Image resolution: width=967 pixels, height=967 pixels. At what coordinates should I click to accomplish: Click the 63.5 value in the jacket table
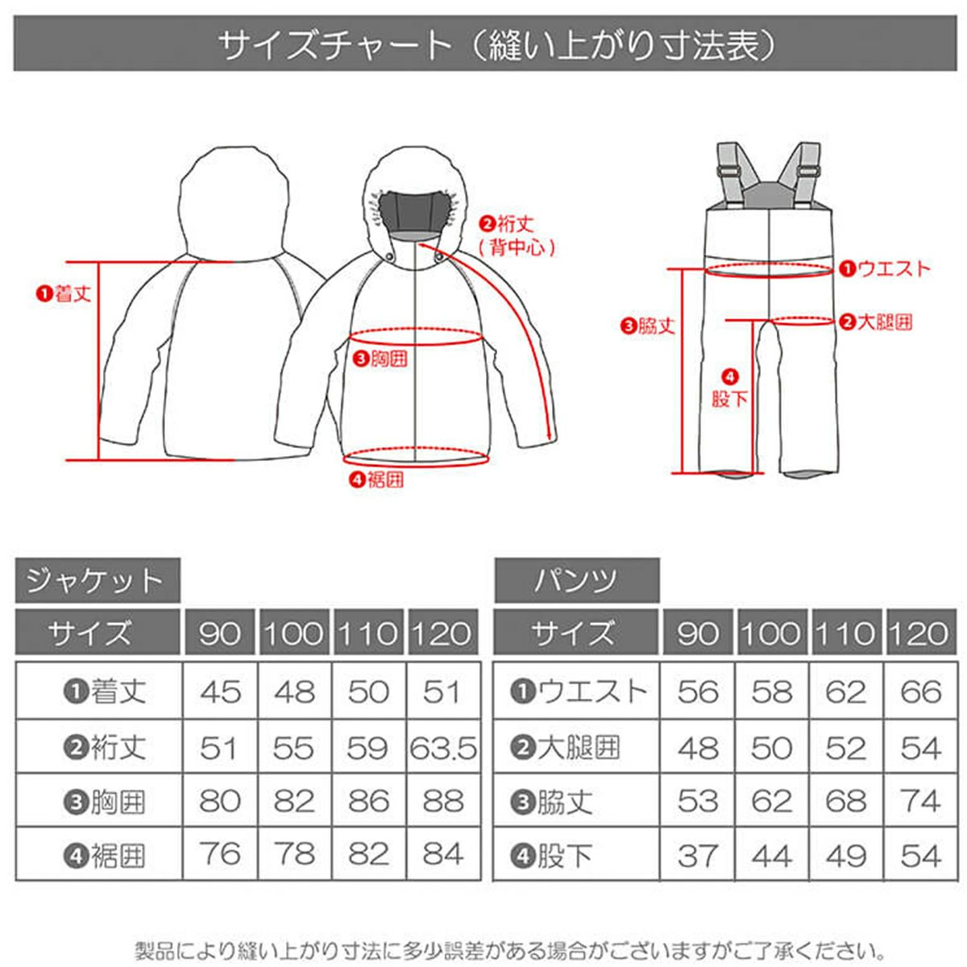pos(443,749)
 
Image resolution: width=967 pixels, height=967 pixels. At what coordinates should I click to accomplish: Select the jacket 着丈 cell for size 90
pos(220,692)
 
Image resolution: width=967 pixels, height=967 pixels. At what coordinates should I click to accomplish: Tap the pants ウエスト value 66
pos(920,692)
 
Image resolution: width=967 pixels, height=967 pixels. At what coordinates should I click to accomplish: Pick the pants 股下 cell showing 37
pos(697,856)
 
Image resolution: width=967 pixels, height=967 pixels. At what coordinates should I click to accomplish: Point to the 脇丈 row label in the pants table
pos(551,802)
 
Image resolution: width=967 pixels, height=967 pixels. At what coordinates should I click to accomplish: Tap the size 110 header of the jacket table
pos(368,633)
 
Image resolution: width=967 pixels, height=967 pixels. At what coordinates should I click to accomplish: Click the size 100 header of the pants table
pos(772,633)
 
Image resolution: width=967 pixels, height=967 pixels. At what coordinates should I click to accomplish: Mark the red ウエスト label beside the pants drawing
pos(885,269)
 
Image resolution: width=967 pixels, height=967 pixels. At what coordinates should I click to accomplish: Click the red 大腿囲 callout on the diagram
pos(876,322)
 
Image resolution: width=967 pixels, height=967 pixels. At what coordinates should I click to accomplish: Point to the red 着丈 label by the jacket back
pos(64,293)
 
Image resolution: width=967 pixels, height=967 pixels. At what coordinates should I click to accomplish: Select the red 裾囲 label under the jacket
pos(377,480)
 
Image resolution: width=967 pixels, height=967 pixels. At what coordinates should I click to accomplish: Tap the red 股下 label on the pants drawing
pos(729,389)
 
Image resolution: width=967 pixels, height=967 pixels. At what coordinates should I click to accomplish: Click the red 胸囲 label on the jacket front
pos(380,359)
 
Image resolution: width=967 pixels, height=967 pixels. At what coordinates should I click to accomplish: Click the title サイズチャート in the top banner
pos(334,45)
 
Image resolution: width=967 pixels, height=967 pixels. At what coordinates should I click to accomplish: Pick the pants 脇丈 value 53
pos(697,801)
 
